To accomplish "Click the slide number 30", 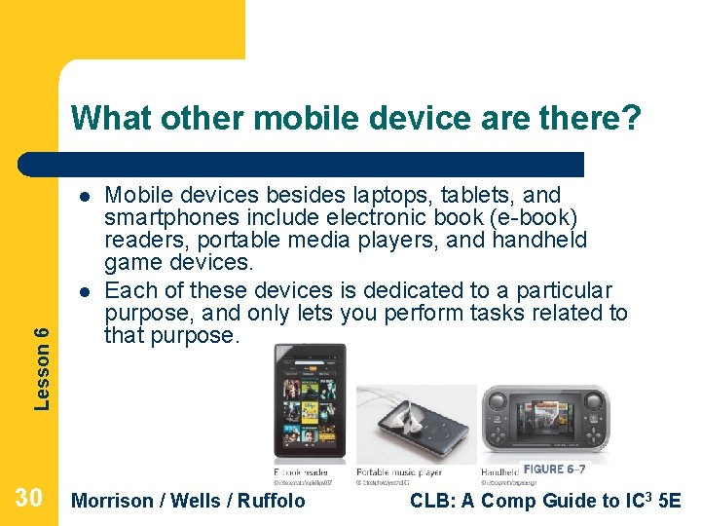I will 28,499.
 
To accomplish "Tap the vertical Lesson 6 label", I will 42,367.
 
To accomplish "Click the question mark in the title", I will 631,119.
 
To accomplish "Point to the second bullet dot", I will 85,290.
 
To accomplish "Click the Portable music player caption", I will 399,472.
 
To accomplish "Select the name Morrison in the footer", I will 113,501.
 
